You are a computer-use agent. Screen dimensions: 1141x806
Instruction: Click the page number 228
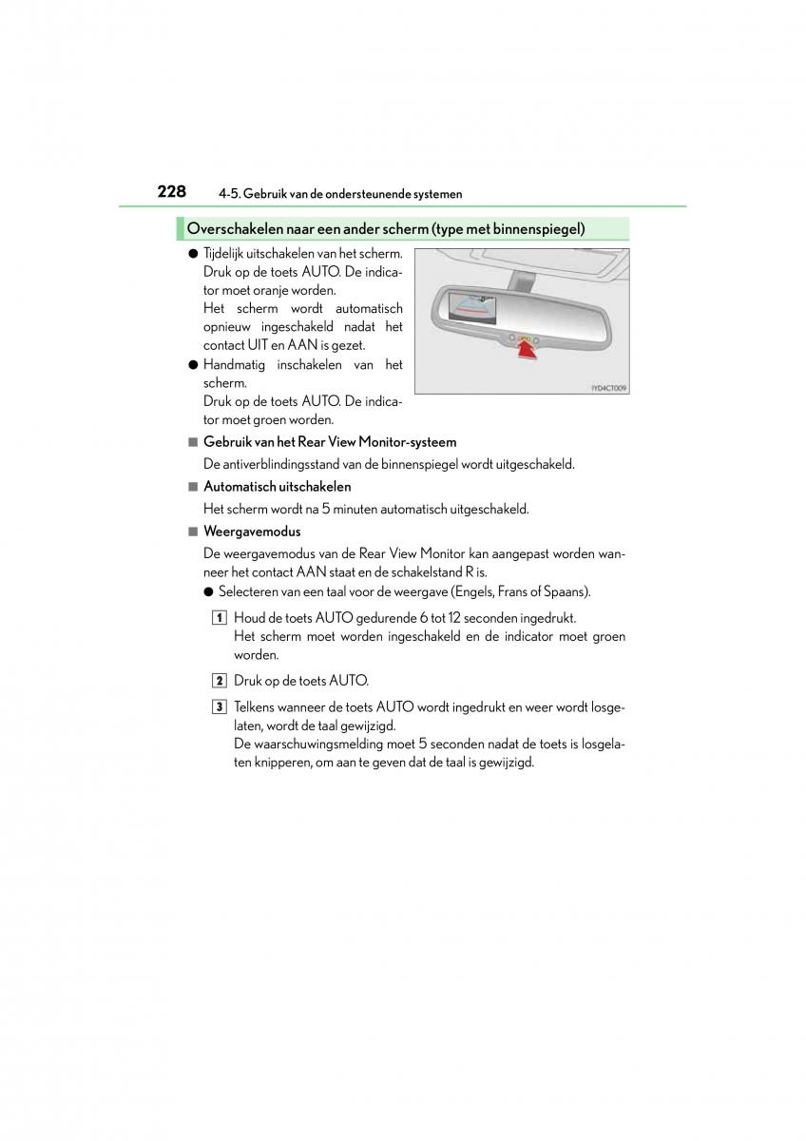(x=171, y=191)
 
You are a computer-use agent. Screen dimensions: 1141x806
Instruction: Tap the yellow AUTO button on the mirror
(x=523, y=338)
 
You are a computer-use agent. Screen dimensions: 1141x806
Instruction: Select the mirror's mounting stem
(x=521, y=277)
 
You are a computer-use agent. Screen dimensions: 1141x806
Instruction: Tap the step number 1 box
(x=220, y=618)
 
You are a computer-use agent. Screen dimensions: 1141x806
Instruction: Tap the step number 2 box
(x=220, y=681)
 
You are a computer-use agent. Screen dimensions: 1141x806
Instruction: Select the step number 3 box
(x=220, y=707)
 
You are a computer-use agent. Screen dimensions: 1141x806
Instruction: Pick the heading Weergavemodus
(x=252, y=532)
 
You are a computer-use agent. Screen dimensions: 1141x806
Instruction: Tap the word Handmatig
(x=235, y=365)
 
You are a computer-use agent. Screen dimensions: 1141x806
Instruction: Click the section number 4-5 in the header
(x=228, y=194)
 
